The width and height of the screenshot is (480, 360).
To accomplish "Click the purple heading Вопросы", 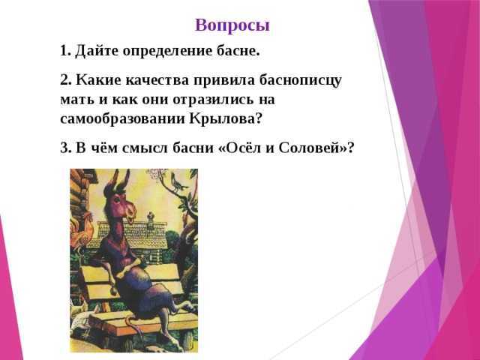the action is [232, 25].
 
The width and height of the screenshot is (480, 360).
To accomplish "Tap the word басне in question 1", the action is [243, 51].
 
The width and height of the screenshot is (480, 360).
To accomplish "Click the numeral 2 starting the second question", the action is [64, 80].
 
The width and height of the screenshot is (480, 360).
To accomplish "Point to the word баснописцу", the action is [300, 81].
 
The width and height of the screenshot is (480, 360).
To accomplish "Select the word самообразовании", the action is [122, 119].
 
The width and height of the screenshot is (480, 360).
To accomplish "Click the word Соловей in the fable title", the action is [310, 148].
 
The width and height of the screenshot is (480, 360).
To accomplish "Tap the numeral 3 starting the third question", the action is [64, 148].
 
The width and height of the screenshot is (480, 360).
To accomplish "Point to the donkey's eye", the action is [117, 200].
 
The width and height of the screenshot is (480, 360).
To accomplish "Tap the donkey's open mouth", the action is [131, 219].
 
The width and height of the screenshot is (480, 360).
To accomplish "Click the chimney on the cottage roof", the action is [150, 220].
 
